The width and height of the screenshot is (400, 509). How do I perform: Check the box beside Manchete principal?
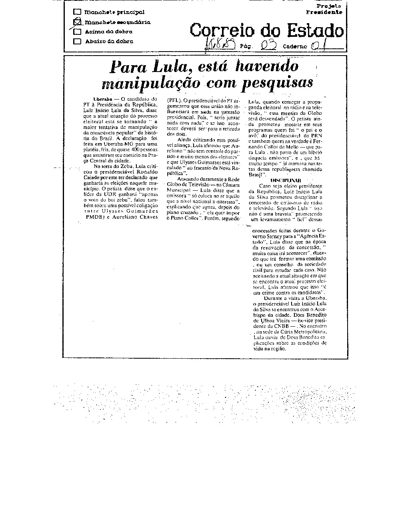[x=78, y=12]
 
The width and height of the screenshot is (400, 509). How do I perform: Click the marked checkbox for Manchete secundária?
[x=78, y=22]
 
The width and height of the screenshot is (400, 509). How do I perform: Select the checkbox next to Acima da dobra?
[x=78, y=32]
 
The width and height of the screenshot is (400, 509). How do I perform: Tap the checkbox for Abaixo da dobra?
[x=78, y=41]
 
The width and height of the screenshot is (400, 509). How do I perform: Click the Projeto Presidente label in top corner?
[x=324, y=9]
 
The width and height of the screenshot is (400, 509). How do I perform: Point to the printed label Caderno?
[x=295, y=46]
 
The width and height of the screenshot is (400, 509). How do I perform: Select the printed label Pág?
[x=247, y=46]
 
